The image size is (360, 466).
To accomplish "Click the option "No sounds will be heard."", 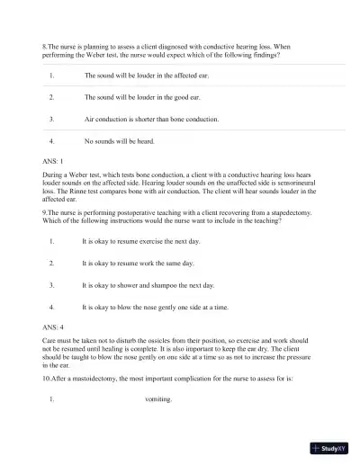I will point(119,141).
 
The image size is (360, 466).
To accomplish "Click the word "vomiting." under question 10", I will point(157,399).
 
